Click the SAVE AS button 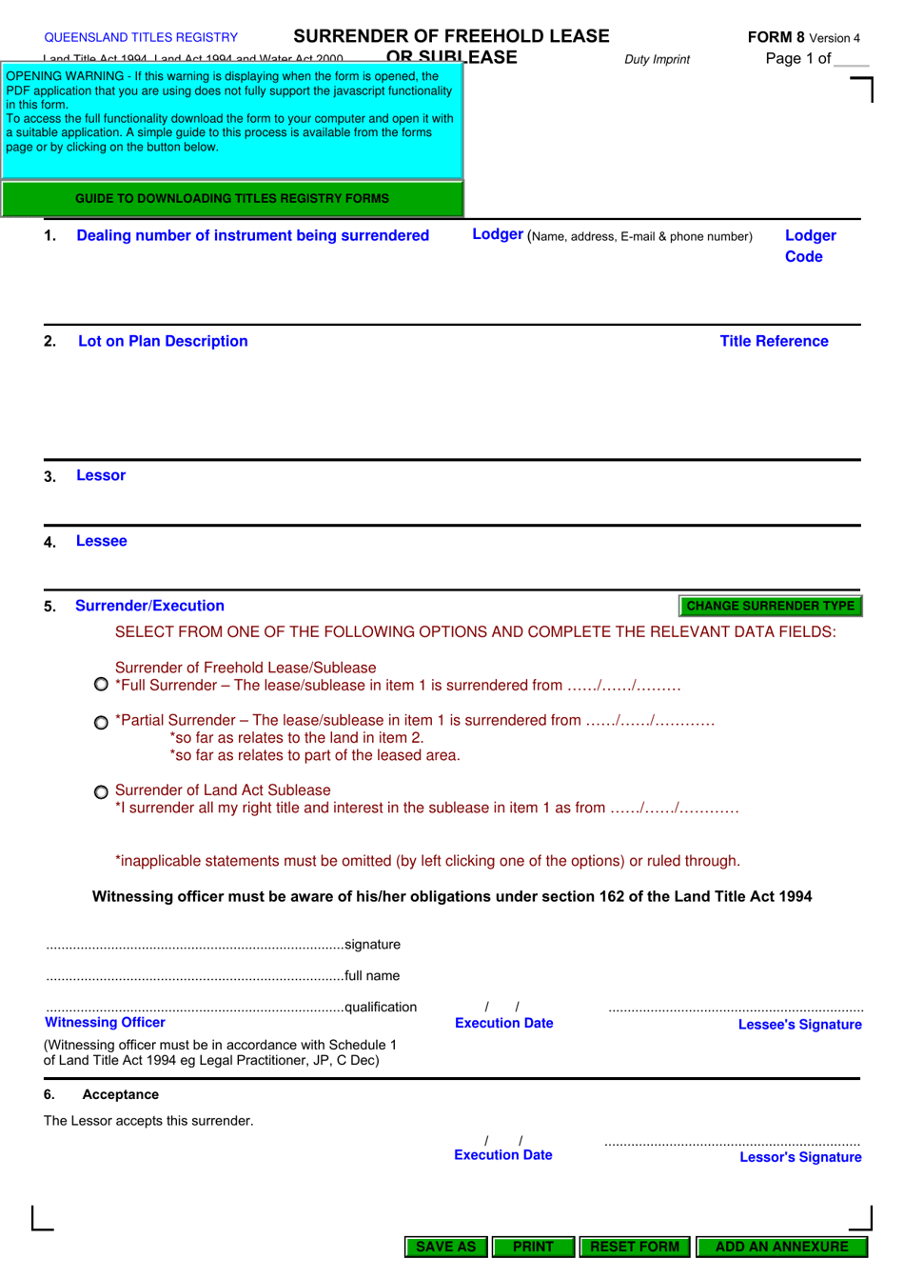click(x=445, y=1247)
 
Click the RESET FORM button click(x=635, y=1247)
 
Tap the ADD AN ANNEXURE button click(x=781, y=1247)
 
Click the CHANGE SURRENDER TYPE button click(x=770, y=606)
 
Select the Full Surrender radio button click(x=101, y=685)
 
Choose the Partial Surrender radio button click(x=101, y=722)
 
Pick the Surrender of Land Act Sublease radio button click(x=101, y=791)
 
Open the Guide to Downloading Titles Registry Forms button click(x=232, y=199)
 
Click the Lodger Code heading click(x=810, y=246)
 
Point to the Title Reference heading click(x=774, y=341)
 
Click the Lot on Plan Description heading click(x=163, y=341)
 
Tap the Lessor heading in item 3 click(x=101, y=475)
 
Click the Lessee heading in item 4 click(x=102, y=541)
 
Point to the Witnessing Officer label click(x=105, y=1022)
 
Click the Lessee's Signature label click(x=799, y=1025)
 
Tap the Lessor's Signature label click(x=800, y=1157)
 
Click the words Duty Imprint click(x=657, y=59)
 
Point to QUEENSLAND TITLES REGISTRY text click(x=141, y=37)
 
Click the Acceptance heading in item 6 click(x=120, y=1094)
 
